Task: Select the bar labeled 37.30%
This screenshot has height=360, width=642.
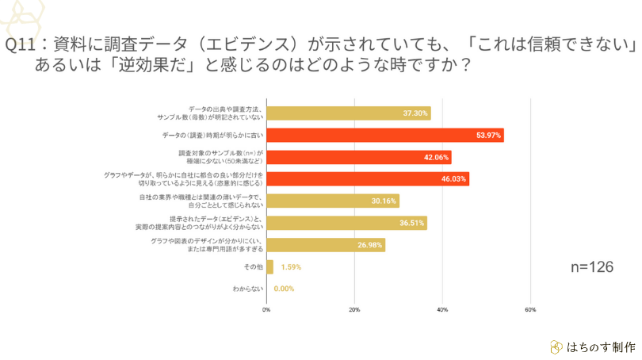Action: click(348, 113)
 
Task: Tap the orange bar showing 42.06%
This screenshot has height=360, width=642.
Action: click(358, 157)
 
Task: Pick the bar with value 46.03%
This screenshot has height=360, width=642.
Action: click(367, 179)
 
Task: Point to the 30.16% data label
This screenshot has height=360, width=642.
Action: click(384, 201)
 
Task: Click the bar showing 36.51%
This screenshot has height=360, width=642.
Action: click(346, 223)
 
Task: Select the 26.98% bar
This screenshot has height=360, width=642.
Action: click(325, 245)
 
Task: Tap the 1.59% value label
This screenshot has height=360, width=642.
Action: click(291, 267)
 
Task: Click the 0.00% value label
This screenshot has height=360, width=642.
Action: click(284, 289)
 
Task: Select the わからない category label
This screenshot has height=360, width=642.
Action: click(247, 289)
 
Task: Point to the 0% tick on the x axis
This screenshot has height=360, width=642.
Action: click(266, 309)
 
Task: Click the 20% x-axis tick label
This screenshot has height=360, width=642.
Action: click(354, 309)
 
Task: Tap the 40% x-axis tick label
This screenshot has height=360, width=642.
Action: click(442, 309)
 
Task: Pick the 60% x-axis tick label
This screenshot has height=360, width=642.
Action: click(530, 309)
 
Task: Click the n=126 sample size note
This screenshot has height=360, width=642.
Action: click(593, 267)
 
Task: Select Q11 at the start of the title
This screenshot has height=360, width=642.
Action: click(20, 44)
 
